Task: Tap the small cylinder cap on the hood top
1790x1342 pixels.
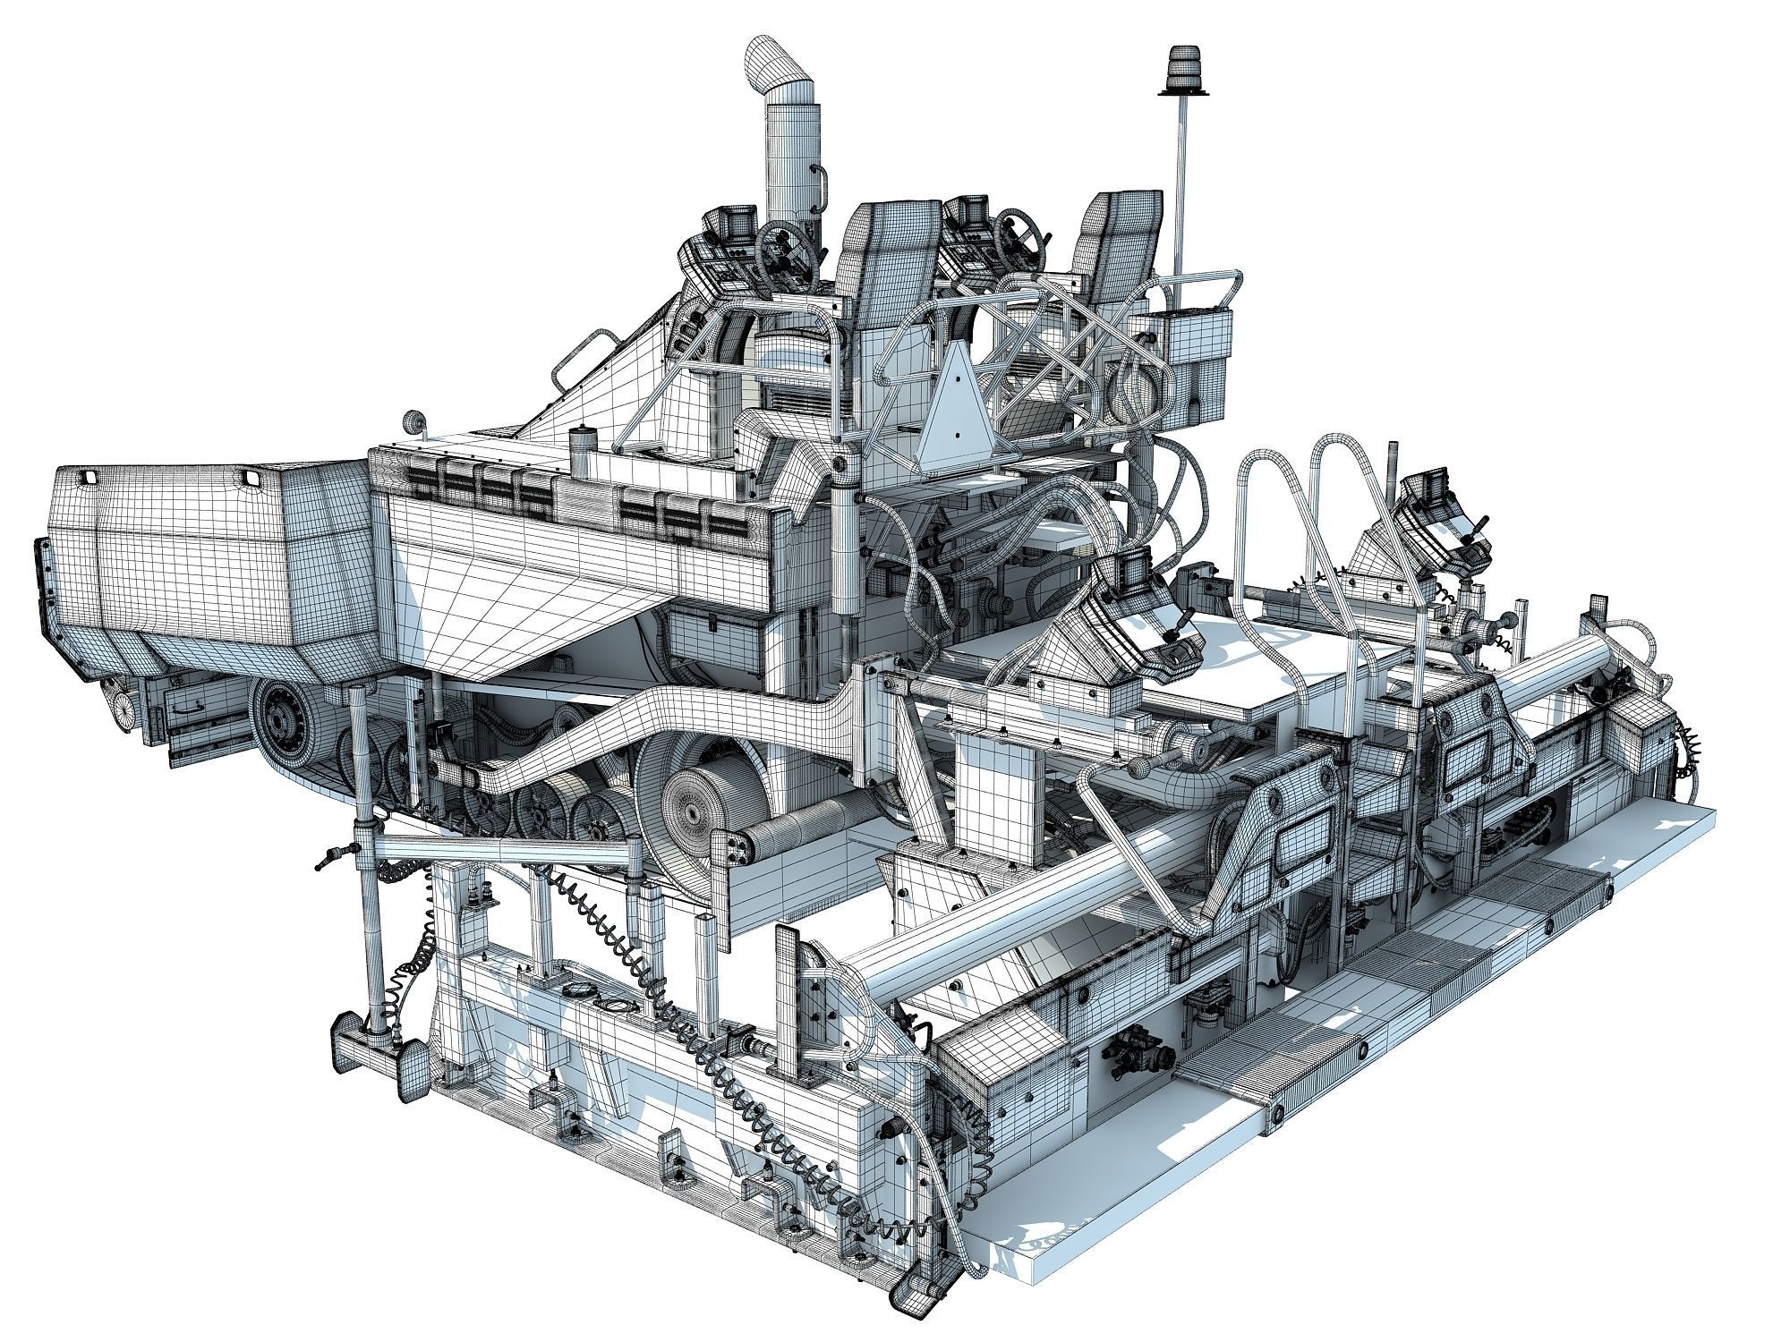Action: tap(583, 442)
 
